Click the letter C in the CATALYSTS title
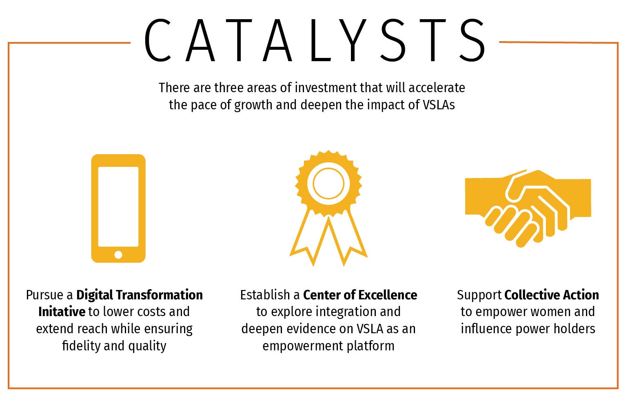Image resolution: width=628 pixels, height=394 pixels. pyautogui.click(x=158, y=40)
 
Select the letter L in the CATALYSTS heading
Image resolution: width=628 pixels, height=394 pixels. pyautogui.click(x=321, y=40)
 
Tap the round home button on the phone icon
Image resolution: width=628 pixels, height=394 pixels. pyautogui.click(x=118, y=255)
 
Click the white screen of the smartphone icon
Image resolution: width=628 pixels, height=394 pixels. pyautogui.click(x=118, y=207)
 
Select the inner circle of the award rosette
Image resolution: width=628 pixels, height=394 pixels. pyautogui.click(x=328, y=183)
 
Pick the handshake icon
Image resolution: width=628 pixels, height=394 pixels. pyautogui.click(x=528, y=208)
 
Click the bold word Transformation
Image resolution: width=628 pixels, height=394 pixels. pyautogui.click(x=160, y=295)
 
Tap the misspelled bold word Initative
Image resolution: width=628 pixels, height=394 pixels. pyautogui.click(x=62, y=312)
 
